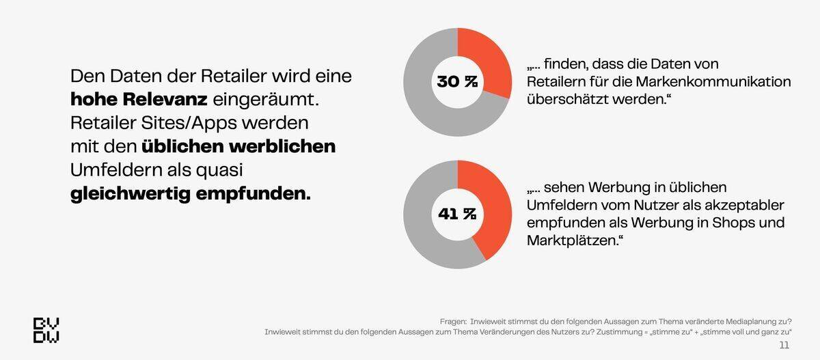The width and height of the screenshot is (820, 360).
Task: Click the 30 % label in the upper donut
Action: coord(457,82)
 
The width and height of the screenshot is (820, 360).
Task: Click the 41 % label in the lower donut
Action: coord(457,214)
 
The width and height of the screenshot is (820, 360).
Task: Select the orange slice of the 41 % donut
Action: coord(495,205)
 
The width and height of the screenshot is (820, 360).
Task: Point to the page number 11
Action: coord(784,345)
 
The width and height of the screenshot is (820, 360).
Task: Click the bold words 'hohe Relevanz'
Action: coord(139,100)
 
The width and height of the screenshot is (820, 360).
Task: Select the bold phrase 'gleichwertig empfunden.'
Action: coord(191,193)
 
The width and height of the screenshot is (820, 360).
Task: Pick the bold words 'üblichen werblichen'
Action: coord(238,146)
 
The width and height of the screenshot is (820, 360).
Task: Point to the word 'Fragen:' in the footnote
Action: coord(453,321)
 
